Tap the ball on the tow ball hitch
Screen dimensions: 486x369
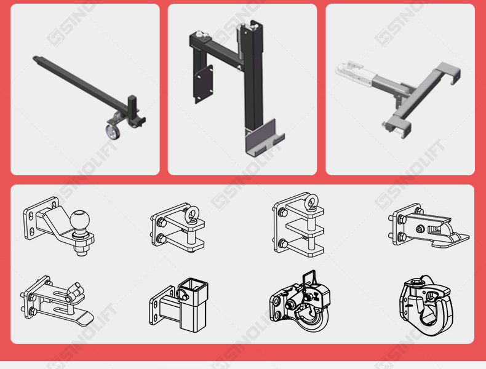point(79,220)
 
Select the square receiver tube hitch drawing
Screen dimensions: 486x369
point(179,305)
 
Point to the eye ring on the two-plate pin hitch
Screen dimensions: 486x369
point(192,213)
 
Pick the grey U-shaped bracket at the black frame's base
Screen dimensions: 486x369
point(264,138)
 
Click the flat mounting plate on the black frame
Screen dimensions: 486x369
point(204,84)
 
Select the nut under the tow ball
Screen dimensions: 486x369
point(82,248)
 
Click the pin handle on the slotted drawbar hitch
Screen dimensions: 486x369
point(74,293)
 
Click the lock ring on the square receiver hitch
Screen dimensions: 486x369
point(183,294)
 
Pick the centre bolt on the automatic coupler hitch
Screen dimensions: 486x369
point(420,229)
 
